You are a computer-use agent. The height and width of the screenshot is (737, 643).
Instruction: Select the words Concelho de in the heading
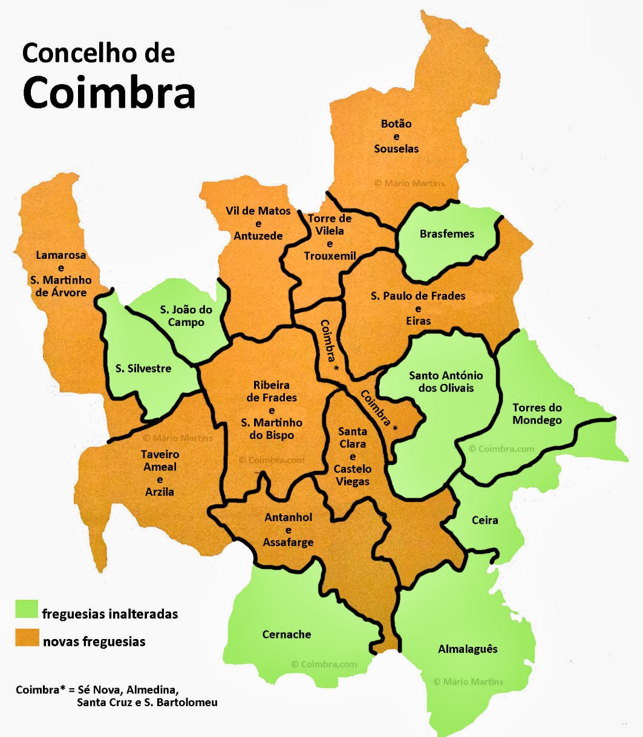click(x=98, y=53)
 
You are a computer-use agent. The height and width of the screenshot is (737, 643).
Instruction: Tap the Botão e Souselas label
click(x=396, y=136)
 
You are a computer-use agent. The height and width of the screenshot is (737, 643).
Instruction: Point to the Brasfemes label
click(x=447, y=234)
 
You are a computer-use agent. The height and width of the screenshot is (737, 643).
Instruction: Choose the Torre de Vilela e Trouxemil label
click(x=330, y=237)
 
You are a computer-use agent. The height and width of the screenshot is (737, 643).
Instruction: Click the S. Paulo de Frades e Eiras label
click(x=418, y=308)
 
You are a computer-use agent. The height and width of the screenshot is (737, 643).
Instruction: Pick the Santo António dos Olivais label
click(x=446, y=381)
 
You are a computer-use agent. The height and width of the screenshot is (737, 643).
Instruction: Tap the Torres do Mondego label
click(x=537, y=414)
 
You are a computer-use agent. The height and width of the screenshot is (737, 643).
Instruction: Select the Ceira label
click(x=485, y=520)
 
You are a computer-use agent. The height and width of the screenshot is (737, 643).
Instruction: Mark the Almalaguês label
click(x=468, y=649)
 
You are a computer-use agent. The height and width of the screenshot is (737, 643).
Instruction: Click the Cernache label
click(x=287, y=634)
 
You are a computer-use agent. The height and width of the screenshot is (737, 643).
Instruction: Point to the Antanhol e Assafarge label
click(x=289, y=530)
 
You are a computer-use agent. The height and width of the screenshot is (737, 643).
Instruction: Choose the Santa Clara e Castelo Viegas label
click(x=353, y=456)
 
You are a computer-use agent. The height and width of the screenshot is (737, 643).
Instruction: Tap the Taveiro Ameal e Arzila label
click(x=160, y=473)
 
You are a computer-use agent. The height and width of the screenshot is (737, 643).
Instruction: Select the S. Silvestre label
click(x=143, y=368)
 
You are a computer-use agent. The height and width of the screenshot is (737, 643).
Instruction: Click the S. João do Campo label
click(x=186, y=316)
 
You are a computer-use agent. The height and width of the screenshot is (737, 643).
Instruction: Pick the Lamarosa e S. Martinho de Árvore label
click(x=60, y=274)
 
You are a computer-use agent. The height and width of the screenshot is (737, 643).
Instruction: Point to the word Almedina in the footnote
click(x=155, y=690)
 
